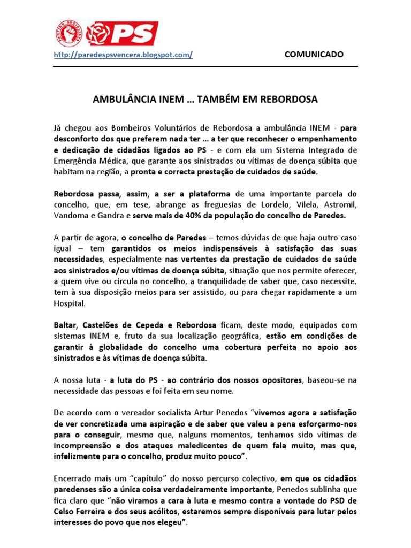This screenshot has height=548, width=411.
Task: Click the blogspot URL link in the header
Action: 124,55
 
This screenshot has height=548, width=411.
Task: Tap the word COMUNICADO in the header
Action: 313,55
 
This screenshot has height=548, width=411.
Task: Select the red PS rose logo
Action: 123,33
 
